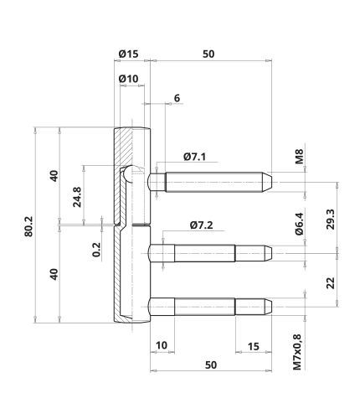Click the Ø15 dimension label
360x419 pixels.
[x=128, y=54]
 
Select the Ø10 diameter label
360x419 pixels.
[x=128, y=79]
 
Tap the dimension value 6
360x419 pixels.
[x=177, y=98]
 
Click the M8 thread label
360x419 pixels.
[x=299, y=157]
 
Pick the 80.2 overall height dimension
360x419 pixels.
[x=28, y=226]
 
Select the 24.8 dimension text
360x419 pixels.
[x=77, y=197]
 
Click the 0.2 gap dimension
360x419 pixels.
[x=96, y=250]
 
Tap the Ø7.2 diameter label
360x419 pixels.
[x=201, y=225]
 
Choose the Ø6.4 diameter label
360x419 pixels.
[x=299, y=224]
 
